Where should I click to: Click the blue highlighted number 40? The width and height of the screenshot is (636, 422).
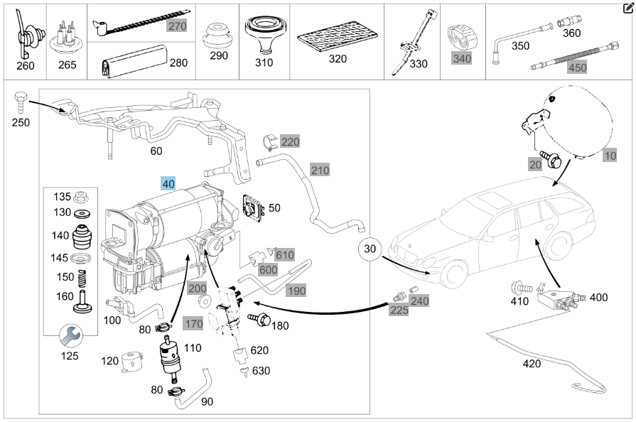click(168, 183)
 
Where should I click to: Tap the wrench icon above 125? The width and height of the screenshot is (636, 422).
click(70, 333)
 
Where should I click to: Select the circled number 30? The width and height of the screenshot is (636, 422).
click(370, 249)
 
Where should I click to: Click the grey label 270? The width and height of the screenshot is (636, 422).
click(176, 26)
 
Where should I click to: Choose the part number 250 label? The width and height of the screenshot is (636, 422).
click(21, 122)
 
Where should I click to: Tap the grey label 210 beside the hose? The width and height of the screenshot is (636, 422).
click(320, 171)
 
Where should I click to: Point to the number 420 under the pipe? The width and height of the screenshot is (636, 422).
click(532, 364)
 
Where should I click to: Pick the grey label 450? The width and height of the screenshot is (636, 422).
click(577, 68)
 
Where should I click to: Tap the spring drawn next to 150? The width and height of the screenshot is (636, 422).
click(83, 276)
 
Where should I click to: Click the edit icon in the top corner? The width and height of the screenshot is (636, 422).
click(627, 8)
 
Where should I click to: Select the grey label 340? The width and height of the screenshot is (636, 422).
click(462, 58)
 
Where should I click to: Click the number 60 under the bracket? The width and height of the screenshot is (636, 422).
click(156, 151)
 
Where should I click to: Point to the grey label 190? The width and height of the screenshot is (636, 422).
click(296, 291)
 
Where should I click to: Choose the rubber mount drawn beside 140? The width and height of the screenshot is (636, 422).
click(84, 235)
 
